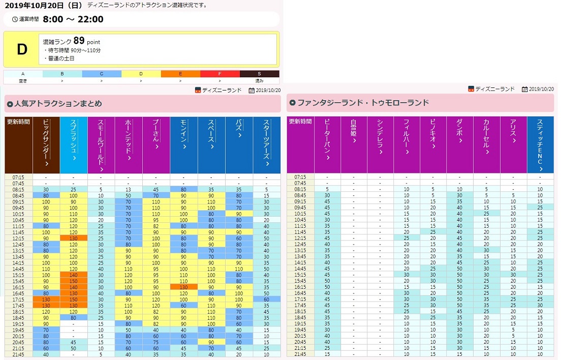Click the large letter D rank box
21,49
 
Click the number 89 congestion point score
79,41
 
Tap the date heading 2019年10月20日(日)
43,6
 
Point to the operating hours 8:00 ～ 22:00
73,19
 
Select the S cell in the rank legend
259,74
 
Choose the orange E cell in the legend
180,74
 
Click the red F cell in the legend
220,74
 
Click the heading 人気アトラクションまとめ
58,104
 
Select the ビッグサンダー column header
46,145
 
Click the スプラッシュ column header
74,145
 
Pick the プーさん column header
156,145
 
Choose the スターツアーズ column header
267,145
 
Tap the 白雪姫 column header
354,145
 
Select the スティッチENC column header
540,145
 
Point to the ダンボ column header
460,145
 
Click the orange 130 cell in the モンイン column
183,287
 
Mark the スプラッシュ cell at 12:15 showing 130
74,238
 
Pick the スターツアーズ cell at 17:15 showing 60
267,299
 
